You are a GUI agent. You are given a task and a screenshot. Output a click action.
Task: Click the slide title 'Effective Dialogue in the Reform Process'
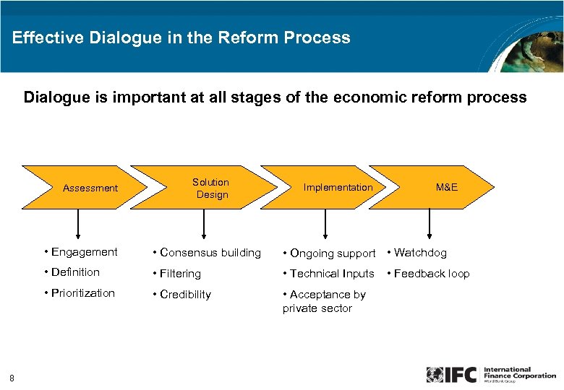(181, 38)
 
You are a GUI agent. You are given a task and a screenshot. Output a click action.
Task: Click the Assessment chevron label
(90, 188)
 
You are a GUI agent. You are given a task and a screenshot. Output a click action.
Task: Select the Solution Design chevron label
(211, 188)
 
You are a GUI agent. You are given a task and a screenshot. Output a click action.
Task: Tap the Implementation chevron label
(338, 188)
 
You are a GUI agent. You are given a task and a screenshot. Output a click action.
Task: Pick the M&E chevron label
(446, 188)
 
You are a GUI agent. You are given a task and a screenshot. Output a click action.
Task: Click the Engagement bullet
(80, 252)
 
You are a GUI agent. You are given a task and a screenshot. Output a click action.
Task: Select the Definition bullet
(72, 272)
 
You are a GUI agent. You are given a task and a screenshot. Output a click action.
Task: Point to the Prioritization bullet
(79, 292)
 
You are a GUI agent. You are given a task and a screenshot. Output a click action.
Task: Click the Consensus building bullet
(206, 253)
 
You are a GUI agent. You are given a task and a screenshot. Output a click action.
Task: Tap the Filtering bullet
(176, 274)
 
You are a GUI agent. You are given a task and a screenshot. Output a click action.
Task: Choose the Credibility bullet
(181, 295)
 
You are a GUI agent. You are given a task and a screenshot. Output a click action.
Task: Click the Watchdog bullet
(417, 253)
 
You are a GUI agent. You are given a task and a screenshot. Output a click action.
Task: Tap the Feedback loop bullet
(428, 274)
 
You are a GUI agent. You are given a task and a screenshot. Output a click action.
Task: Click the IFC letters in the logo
(460, 375)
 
